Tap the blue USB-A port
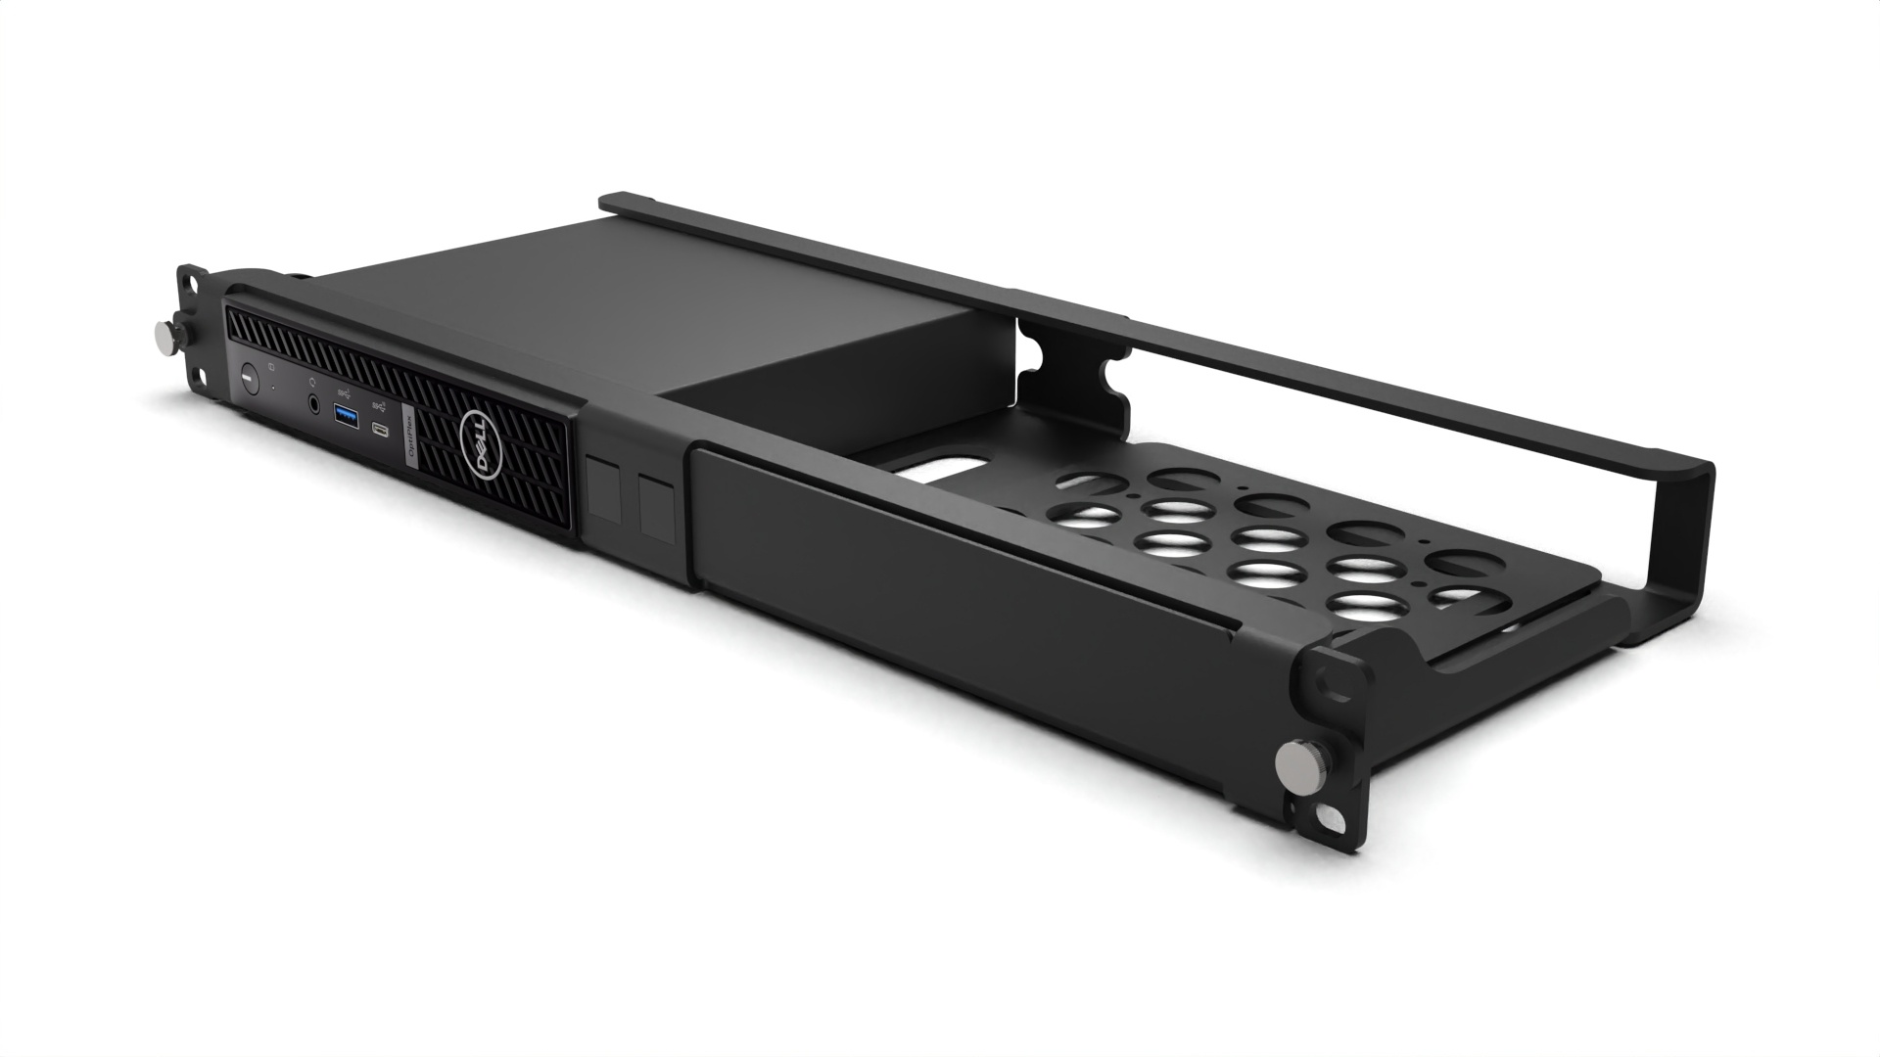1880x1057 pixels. click(347, 416)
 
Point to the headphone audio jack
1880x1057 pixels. click(314, 403)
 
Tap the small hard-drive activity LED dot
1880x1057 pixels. click(272, 389)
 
